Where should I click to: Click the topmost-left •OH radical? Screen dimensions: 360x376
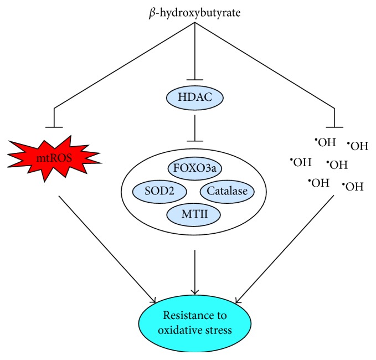point(325,142)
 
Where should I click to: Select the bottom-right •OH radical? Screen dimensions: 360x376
point(352,186)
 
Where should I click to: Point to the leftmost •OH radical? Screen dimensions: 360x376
point(300,162)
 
